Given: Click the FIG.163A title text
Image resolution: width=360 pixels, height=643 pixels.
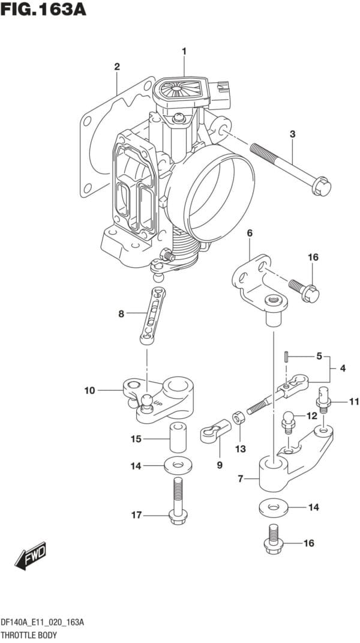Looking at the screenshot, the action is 43,8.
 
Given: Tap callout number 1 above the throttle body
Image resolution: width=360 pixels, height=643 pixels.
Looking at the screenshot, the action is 184,51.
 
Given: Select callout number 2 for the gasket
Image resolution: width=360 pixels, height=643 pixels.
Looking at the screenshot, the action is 117,67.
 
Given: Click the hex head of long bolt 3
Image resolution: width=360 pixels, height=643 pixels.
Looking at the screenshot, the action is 322,187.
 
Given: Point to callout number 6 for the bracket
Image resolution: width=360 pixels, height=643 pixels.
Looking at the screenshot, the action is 249,233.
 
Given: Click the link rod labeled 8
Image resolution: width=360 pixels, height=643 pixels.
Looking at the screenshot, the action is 153,316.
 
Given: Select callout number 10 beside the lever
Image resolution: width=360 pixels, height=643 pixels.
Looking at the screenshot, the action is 89,391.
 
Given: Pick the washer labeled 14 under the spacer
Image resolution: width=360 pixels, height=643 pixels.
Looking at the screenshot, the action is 178,465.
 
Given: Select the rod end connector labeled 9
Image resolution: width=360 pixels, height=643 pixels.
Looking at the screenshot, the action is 215,430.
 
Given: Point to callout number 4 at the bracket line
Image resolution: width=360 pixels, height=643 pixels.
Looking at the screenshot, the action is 343,368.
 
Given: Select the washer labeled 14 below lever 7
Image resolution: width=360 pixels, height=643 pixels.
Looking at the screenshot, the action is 274,507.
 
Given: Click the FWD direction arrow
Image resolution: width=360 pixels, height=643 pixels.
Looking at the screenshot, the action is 31,555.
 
